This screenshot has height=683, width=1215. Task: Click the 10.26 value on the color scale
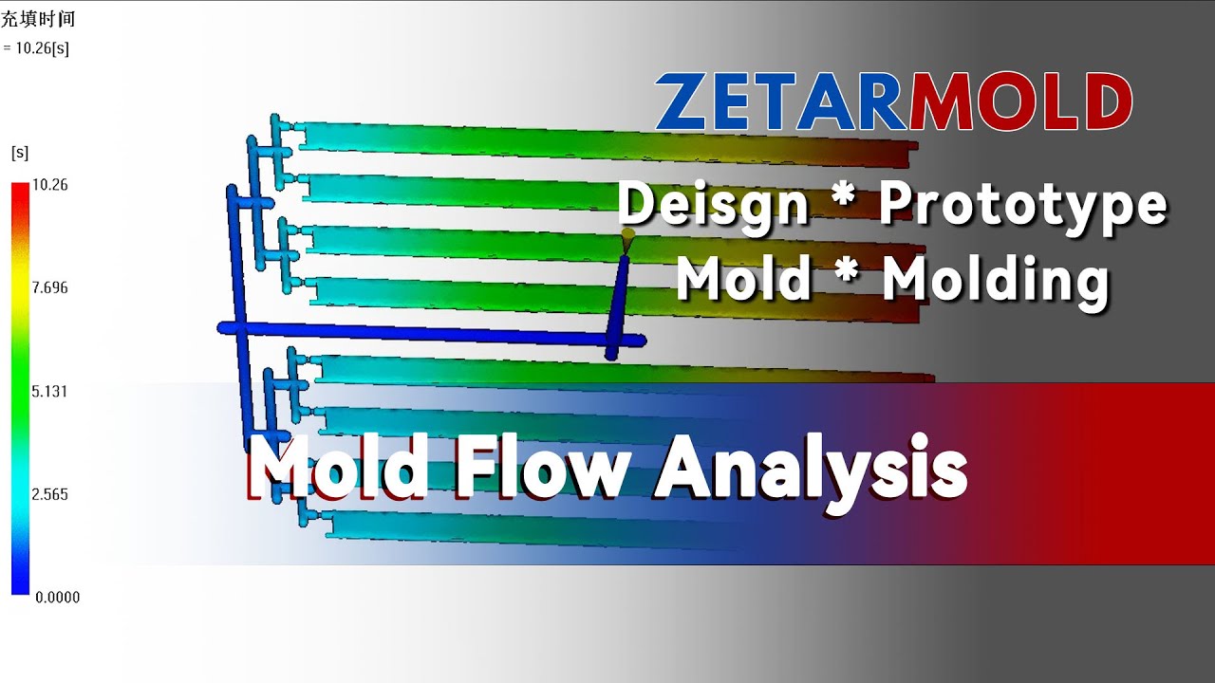pos(49,185)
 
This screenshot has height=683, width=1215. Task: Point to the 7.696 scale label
pos(49,288)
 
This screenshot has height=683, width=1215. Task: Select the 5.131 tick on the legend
pos(49,391)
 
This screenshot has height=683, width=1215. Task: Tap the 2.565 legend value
pos(49,494)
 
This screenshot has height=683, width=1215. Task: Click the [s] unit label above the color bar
pos(19,152)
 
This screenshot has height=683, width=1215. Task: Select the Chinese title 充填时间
pos(37,19)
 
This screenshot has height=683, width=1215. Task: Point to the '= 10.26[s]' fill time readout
pos(36,48)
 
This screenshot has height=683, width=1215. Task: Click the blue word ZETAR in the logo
pos(780,102)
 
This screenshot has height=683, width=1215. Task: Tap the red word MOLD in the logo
pos(1020,102)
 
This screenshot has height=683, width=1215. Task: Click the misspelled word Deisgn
pos(713,203)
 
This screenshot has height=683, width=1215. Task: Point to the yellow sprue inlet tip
pos(626,233)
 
